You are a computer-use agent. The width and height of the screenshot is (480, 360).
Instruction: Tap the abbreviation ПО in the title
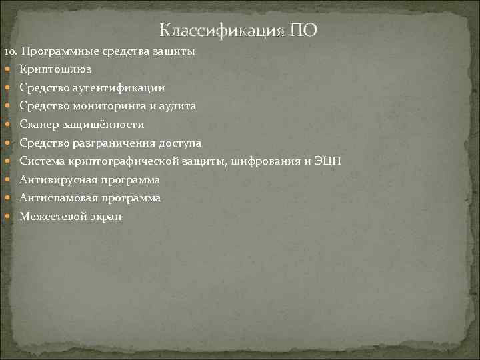[x=304, y=31]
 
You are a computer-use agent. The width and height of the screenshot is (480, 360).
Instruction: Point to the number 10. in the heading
[x=13, y=51]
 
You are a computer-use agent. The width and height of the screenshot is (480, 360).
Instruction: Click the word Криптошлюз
[x=55, y=69]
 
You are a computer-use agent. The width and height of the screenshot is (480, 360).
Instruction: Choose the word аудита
[x=178, y=106]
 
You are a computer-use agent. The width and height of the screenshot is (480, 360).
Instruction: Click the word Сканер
[x=38, y=125]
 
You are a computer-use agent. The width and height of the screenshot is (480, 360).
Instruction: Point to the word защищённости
[x=102, y=125]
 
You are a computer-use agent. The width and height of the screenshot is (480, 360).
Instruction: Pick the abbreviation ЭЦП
[x=327, y=161]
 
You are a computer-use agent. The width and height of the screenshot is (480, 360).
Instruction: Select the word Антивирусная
[x=56, y=180]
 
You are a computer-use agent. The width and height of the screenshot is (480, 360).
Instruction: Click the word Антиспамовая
[x=57, y=198]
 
